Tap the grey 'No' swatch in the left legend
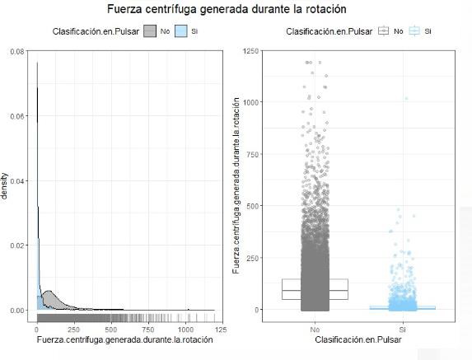[x=150, y=31]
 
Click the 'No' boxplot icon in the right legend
[x=384, y=31]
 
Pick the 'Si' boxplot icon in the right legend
[x=415, y=31]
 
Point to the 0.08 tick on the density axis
[x=16, y=51]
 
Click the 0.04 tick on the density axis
[x=16, y=180]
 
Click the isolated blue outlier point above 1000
[x=406, y=99]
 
